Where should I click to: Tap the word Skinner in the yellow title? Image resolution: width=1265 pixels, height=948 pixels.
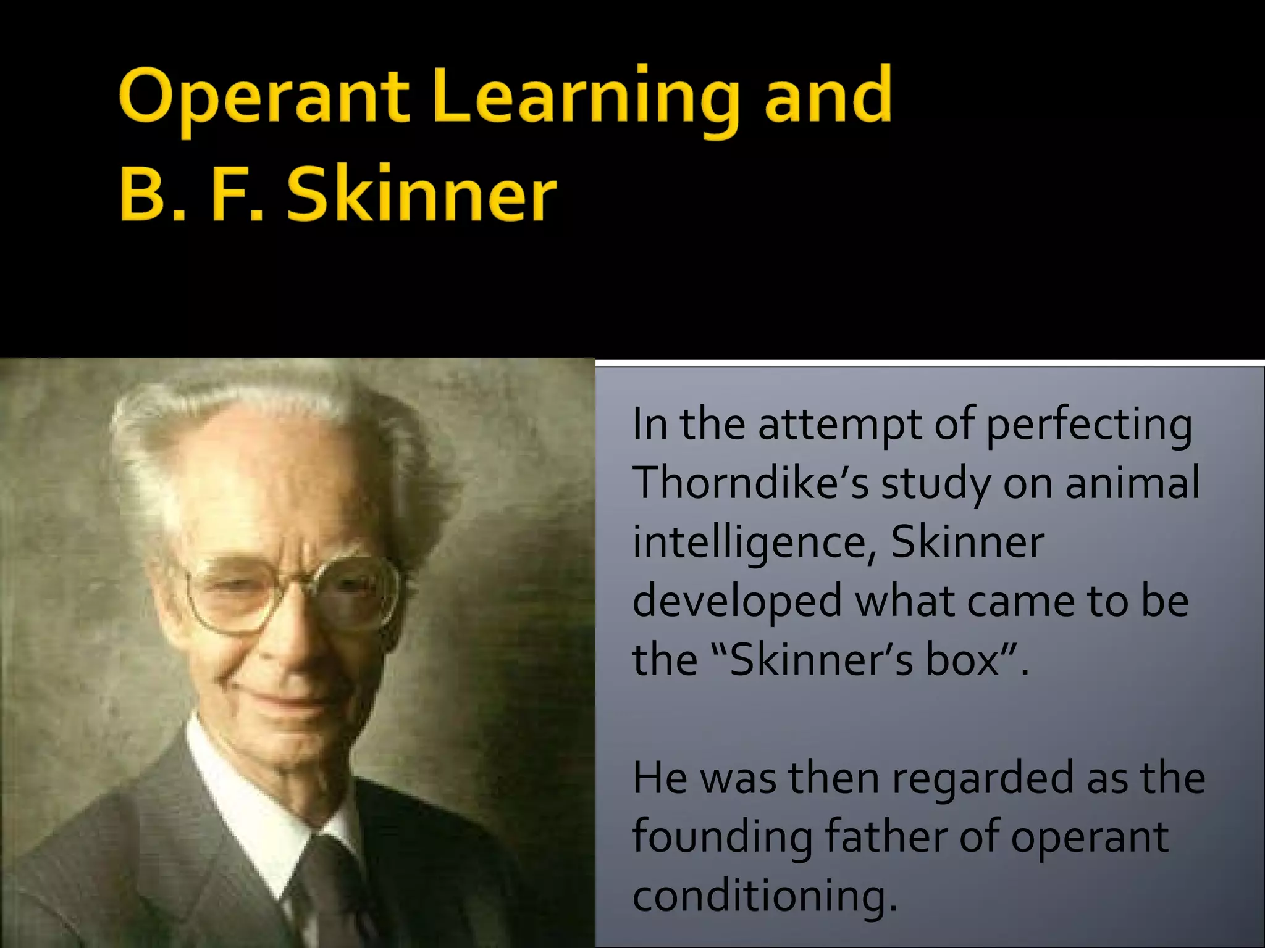[422, 194]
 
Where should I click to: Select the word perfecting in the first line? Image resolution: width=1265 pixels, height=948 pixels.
[1088, 426]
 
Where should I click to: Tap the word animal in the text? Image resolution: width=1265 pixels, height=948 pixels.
[1133, 482]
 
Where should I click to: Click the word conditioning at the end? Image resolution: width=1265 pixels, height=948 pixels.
[765, 896]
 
